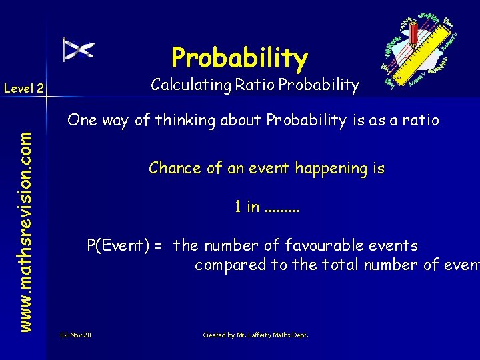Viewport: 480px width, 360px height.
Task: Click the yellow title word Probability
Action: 239,59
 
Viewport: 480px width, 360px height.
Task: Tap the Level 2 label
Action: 24,88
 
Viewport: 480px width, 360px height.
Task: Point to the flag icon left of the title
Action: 78,49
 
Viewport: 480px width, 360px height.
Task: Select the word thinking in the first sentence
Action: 181,120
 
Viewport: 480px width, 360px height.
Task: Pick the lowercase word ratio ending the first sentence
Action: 421,120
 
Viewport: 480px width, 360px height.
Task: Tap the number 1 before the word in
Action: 237,207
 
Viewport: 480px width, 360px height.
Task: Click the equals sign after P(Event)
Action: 158,246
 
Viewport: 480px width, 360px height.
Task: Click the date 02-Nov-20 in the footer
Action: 75,335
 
